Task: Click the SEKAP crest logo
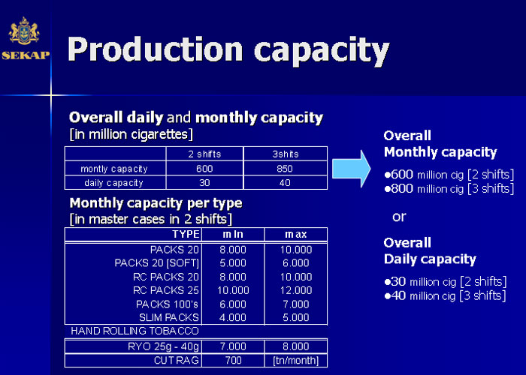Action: [24, 31]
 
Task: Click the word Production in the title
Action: [155, 49]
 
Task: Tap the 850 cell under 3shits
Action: [285, 169]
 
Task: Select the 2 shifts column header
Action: [204, 154]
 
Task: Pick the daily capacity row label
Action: [113, 183]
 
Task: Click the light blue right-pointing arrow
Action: [351, 169]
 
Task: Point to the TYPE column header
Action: [186, 234]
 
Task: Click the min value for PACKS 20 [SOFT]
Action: [233, 262]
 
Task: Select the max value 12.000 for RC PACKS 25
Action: [296, 290]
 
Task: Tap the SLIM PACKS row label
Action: [169, 317]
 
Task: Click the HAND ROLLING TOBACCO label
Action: [135, 331]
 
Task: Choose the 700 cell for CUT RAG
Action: [233, 360]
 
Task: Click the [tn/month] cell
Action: [296, 360]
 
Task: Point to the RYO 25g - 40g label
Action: [163, 346]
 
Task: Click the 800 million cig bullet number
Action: [402, 188]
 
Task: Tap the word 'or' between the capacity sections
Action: [399, 217]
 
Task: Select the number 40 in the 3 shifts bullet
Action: [398, 295]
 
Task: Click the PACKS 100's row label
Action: [167, 304]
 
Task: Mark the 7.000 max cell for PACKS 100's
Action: [296, 304]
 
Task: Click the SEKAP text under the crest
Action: [26, 55]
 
